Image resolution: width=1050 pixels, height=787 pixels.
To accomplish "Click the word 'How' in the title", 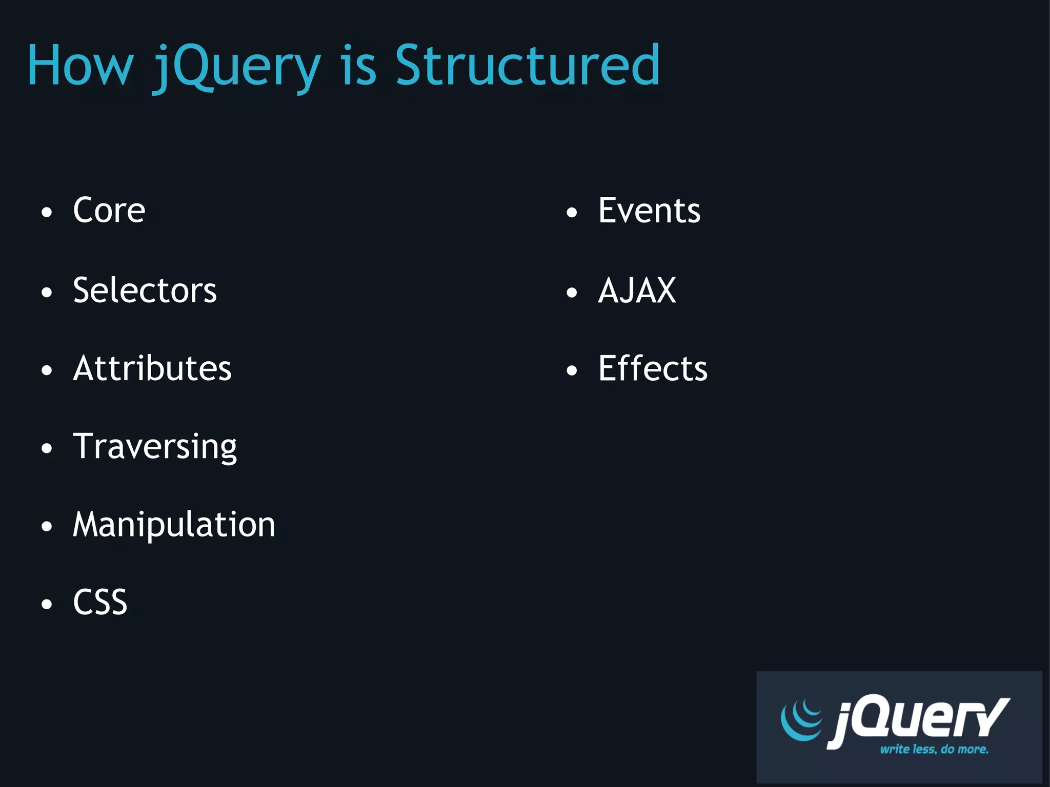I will (x=80, y=66).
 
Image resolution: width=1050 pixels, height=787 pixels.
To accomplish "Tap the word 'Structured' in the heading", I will (x=527, y=66).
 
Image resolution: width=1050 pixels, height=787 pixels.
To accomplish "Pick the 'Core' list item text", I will (x=109, y=211).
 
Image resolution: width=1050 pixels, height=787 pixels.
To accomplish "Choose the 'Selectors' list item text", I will (x=145, y=291).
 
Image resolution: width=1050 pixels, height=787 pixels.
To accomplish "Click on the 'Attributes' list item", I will (x=152, y=368).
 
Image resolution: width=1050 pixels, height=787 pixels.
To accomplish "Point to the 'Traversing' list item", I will (x=155, y=447).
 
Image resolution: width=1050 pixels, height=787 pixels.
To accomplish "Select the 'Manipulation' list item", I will (x=174, y=525).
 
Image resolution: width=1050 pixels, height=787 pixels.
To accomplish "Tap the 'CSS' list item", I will (x=100, y=602).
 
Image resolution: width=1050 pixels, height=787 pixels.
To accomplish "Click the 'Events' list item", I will (x=649, y=211).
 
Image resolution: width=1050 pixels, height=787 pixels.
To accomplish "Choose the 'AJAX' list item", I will (x=637, y=291).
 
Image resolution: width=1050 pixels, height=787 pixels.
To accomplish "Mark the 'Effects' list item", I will (x=653, y=368).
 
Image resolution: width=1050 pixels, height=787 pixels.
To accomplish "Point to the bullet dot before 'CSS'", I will (x=47, y=604).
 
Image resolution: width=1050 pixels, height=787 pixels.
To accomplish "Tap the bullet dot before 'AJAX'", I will (x=572, y=293).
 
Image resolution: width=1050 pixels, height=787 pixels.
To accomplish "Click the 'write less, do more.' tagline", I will (x=934, y=750).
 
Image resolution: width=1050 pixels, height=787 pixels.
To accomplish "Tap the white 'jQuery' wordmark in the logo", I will (x=918, y=719).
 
